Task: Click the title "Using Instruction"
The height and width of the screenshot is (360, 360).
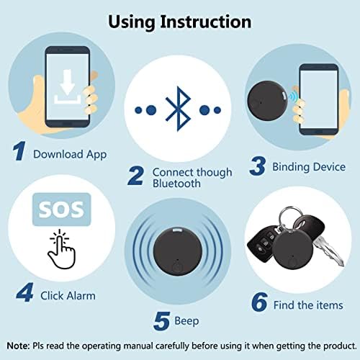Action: tap(180, 22)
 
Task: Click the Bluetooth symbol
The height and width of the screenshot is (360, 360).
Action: tap(178, 109)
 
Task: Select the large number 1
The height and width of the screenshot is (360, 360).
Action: tap(19, 150)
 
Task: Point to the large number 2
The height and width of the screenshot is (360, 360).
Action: tap(136, 176)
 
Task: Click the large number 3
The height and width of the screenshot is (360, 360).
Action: tap(258, 166)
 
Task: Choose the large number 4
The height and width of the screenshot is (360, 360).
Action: tap(24, 292)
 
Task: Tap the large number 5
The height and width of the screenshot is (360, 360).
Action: tap(161, 320)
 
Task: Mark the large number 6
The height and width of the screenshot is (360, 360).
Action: tap(259, 302)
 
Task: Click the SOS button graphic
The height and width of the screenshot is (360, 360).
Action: tap(62, 210)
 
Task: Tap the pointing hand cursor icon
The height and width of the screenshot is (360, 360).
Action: tap(62, 249)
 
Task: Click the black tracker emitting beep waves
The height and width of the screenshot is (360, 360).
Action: tap(178, 252)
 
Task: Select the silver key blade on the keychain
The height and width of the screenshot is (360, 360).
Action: tap(329, 251)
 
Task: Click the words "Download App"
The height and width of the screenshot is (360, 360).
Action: tap(70, 154)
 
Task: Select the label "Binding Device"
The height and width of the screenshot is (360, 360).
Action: tap(309, 167)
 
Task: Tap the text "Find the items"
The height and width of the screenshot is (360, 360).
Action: tap(308, 305)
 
